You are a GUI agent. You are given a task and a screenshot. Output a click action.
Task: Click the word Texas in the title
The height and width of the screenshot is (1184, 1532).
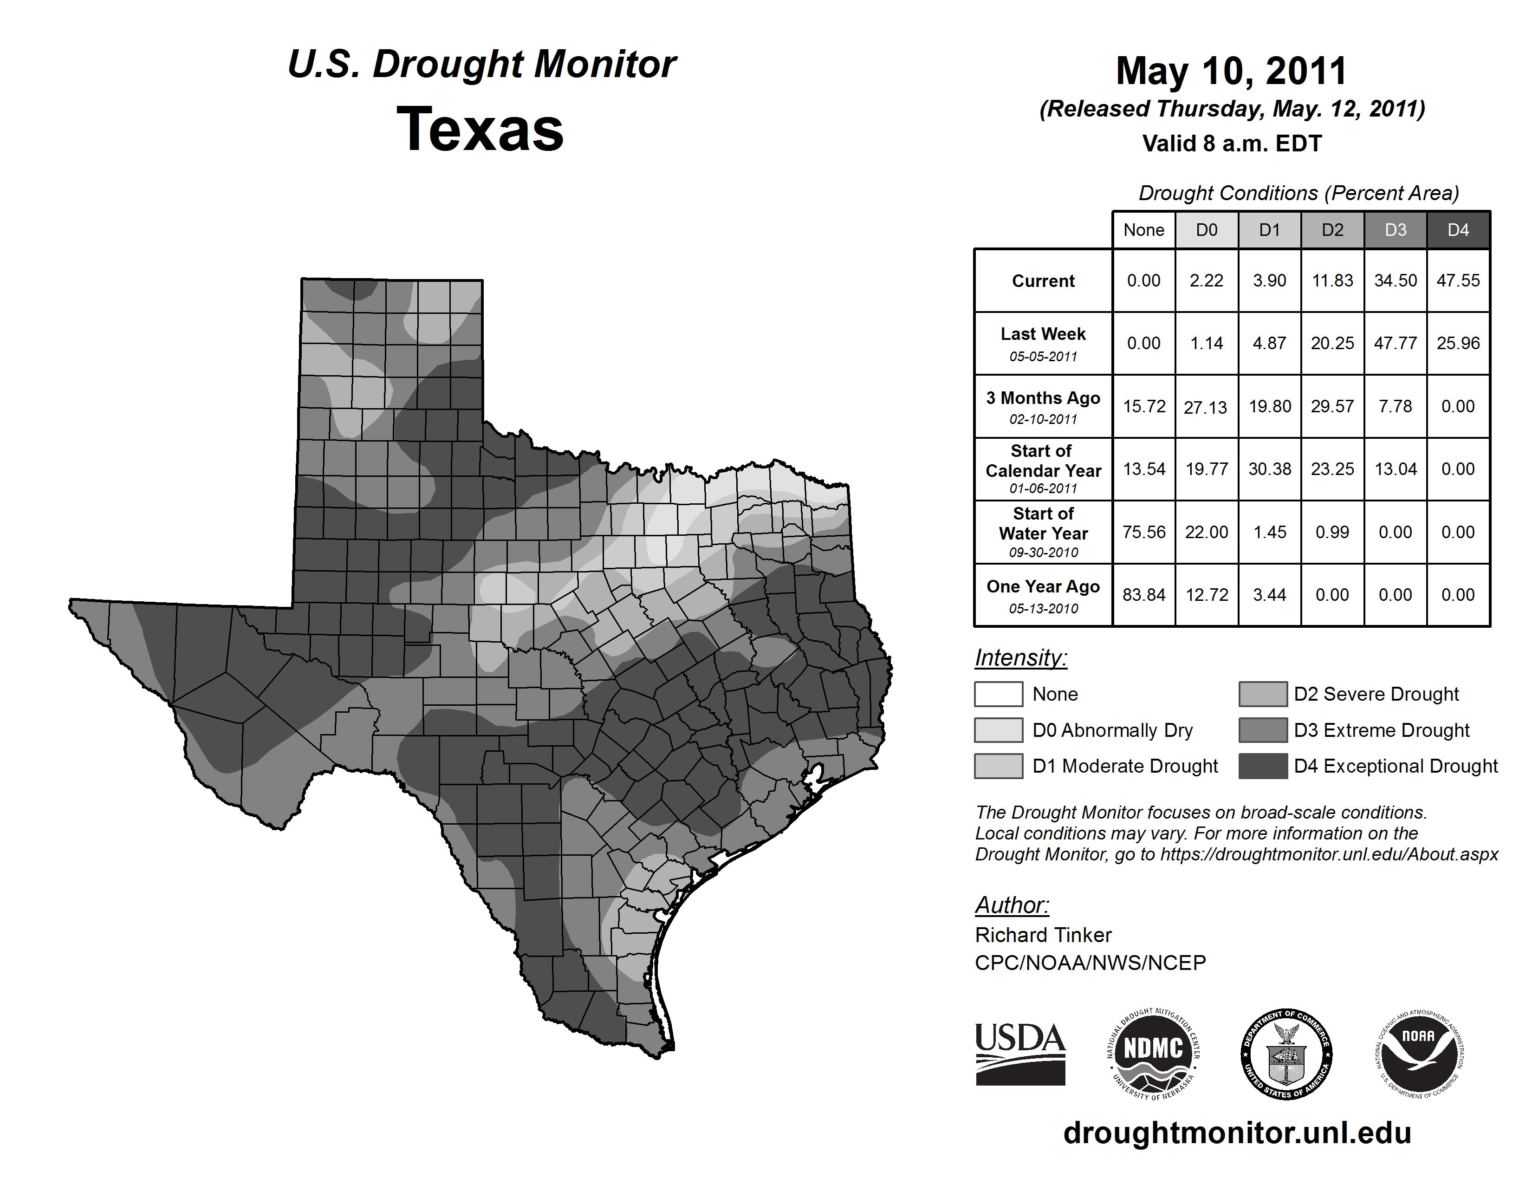point(480,130)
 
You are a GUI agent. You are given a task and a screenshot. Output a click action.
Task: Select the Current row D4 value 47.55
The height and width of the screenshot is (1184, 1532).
point(1458,280)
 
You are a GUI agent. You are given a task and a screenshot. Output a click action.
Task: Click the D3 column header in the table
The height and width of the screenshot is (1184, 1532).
point(1395,230)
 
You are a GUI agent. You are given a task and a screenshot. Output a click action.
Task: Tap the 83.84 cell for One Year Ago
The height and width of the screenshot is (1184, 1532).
point(1143,595)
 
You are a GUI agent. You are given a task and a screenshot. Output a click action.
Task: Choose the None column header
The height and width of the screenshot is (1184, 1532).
point(1143,230)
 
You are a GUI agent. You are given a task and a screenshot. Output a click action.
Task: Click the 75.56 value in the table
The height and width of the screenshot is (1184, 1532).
point(1143,533)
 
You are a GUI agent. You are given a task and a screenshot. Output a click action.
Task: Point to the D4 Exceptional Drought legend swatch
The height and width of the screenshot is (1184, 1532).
point(1263,766)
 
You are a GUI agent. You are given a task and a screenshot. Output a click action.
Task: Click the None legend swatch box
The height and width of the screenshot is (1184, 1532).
point(998,694)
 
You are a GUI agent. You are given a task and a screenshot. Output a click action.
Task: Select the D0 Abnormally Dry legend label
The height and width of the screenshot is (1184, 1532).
point(1112,730)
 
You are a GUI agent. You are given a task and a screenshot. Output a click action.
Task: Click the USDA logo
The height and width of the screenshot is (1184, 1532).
point(1020,1054)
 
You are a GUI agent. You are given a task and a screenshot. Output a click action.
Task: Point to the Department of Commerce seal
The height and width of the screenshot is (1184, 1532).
point(1286,1054)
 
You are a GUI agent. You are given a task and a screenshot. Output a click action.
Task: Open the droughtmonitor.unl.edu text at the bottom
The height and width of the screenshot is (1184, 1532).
point(1237,1133)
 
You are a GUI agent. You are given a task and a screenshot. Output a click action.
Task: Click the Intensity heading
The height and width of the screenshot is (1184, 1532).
point(1020,658)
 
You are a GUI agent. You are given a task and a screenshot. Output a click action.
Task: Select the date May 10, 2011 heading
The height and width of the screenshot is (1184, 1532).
point(1232,71)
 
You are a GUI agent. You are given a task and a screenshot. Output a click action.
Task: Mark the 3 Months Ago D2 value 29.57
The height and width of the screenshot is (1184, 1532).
point(1332,406)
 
